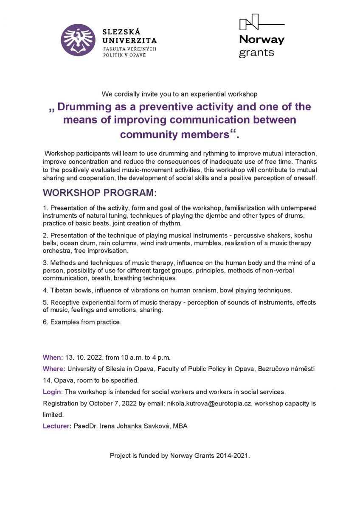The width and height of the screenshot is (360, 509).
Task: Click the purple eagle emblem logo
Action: (78, 40)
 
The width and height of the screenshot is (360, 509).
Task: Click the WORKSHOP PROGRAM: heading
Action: (100, 193)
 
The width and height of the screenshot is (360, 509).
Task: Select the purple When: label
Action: (53, 357)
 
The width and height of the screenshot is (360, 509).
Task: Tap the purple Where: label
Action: (54, 369)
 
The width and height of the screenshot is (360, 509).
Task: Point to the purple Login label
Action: (52, 392)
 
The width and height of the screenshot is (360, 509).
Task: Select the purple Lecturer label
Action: (57, 426)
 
